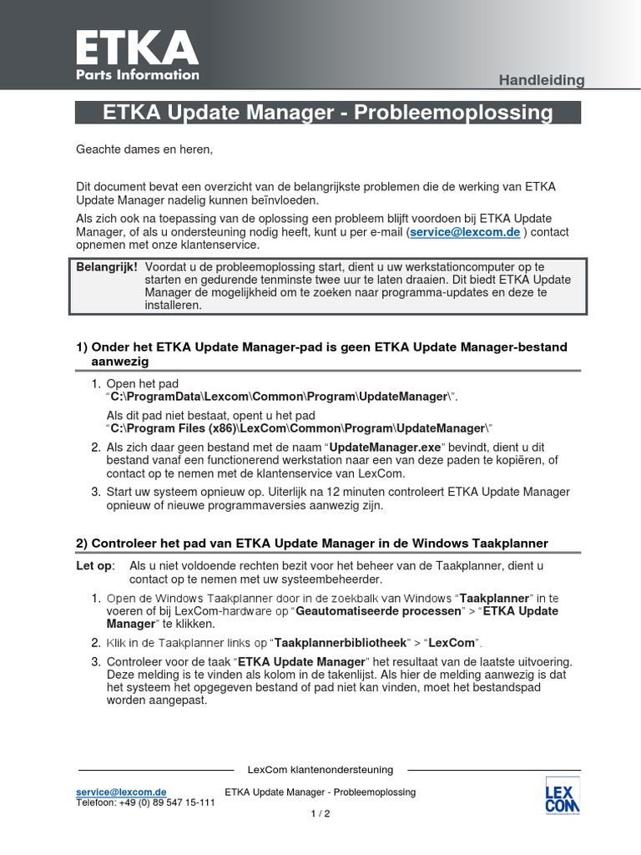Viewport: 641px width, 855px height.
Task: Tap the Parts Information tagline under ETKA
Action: (138, 74)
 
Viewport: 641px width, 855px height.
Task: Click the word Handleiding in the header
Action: (541, 80)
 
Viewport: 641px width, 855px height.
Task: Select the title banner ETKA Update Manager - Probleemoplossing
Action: (327, 113)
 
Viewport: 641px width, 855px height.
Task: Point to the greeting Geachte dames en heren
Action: (144, 149)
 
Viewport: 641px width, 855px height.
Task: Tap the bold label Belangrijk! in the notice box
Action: (107, 266)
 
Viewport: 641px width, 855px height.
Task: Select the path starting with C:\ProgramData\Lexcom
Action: (283, 396)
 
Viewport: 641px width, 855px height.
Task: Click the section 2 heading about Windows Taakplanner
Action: (312, 544)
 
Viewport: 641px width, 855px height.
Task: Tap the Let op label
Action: (96, 566)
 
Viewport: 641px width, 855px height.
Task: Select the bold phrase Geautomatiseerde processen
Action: (378, 611)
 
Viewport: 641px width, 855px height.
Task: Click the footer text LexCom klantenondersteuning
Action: (320, 770)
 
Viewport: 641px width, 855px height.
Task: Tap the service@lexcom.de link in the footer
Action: (121, 792)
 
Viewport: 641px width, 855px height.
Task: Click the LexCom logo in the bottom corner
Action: (562, 796)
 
